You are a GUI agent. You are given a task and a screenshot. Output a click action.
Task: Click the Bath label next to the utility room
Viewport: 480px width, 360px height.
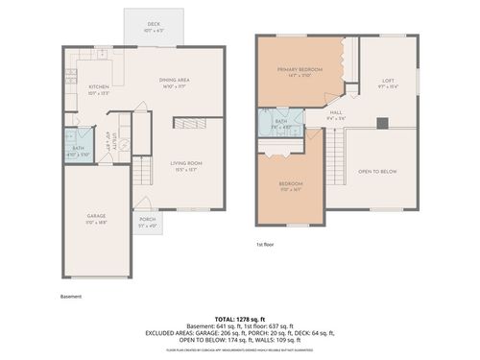pyautogui.click(x=78, y=149)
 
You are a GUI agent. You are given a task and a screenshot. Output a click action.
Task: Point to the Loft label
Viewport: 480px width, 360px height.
pyautogui.click(x=388, y=81)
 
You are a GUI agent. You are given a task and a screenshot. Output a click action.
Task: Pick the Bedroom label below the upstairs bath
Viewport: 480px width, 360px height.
pyautogui.click(x=291, y=184)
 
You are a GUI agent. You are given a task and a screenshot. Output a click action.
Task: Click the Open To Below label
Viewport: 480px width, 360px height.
pyautogui.click(x=378, y=172)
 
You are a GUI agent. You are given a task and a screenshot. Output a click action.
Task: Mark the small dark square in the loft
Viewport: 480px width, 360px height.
pyautogui.click(x=381, y=122)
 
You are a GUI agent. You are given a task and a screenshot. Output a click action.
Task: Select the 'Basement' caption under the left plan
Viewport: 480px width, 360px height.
pyautogui.click(x=71, y=297)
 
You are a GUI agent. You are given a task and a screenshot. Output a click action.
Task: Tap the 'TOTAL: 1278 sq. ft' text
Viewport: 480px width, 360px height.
pyautogui.click(x=240, y=318)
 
